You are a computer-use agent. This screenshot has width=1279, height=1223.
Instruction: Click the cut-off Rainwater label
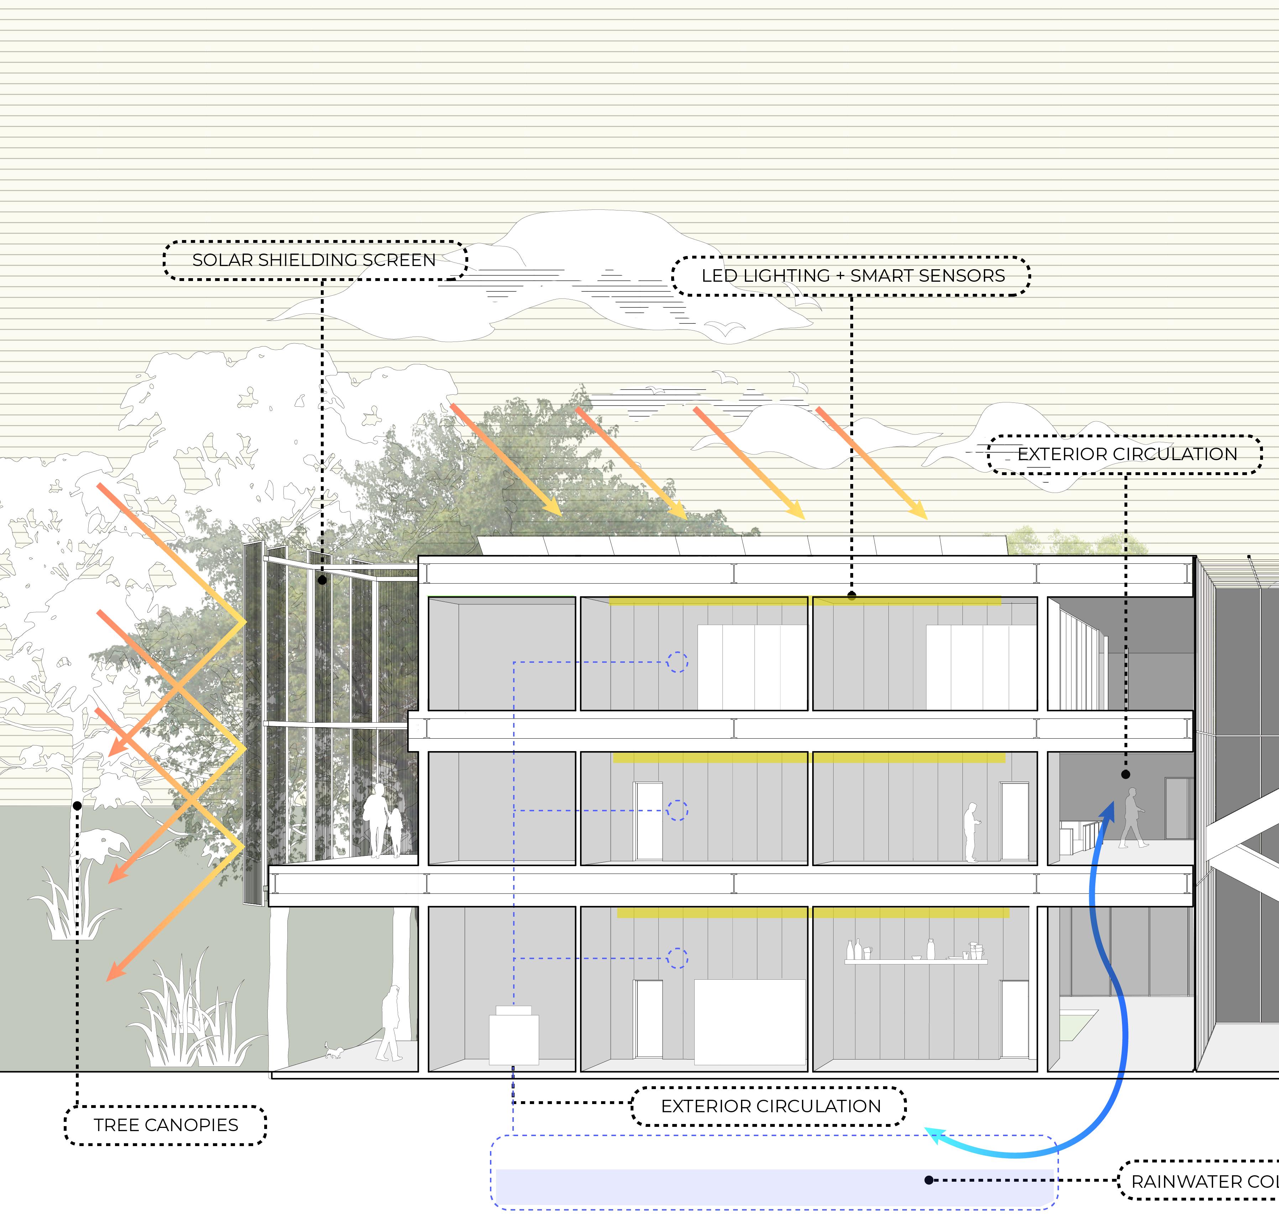point(1203,1181)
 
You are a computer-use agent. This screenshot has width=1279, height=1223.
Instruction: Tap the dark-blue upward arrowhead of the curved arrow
point(1108,810)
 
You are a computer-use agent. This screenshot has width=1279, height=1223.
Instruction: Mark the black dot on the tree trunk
point(77,806)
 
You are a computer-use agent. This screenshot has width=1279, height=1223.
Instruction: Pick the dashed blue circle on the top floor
point(677,662)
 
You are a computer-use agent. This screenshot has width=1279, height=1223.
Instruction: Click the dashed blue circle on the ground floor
point(677,958)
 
